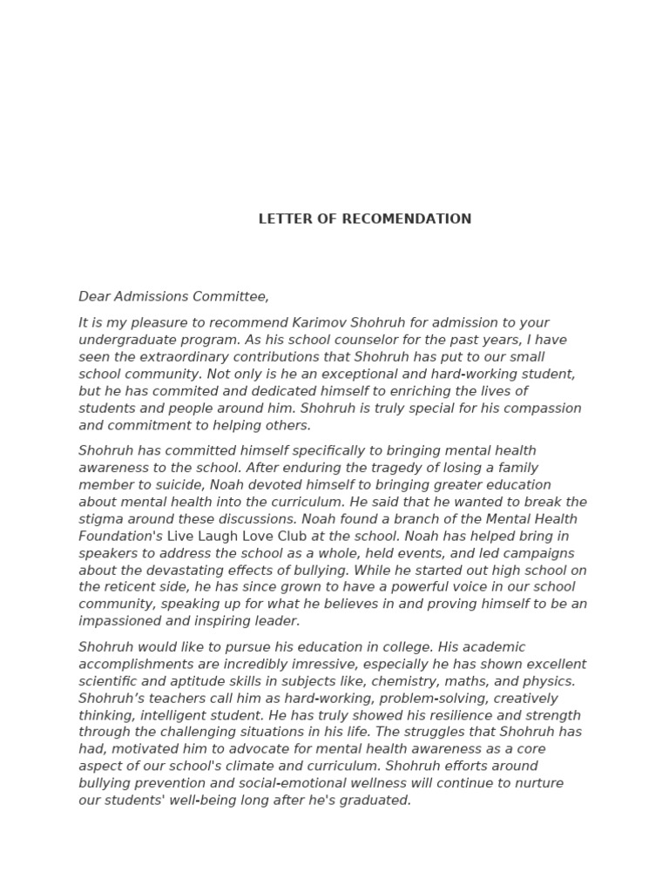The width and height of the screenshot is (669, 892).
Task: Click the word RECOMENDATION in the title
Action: [x=407, y=220]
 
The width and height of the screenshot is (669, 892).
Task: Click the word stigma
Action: [x=99, y=519]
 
